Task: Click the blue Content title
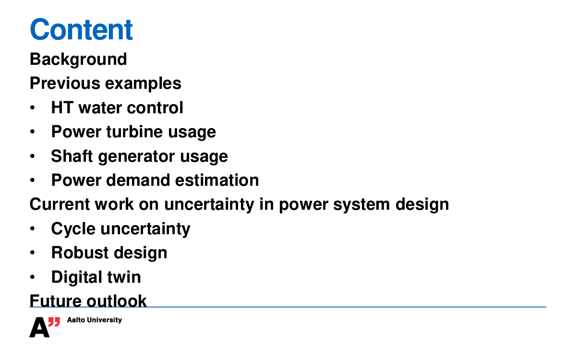tap(81, 29)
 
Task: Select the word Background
tap(78, 60)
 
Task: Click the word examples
tap(143, 84)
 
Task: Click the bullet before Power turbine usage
tap(32, 132)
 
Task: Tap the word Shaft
tap(72, 156)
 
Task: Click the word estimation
tap(217, 180)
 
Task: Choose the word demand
tap(138, 180)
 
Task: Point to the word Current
tap(60, 204)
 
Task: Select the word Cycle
tap(73, 229)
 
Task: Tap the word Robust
tap(80, 252)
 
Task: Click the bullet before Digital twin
tap(32, 277)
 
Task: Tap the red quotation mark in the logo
tap(54, 322)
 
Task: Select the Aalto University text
tap(95, 320)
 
